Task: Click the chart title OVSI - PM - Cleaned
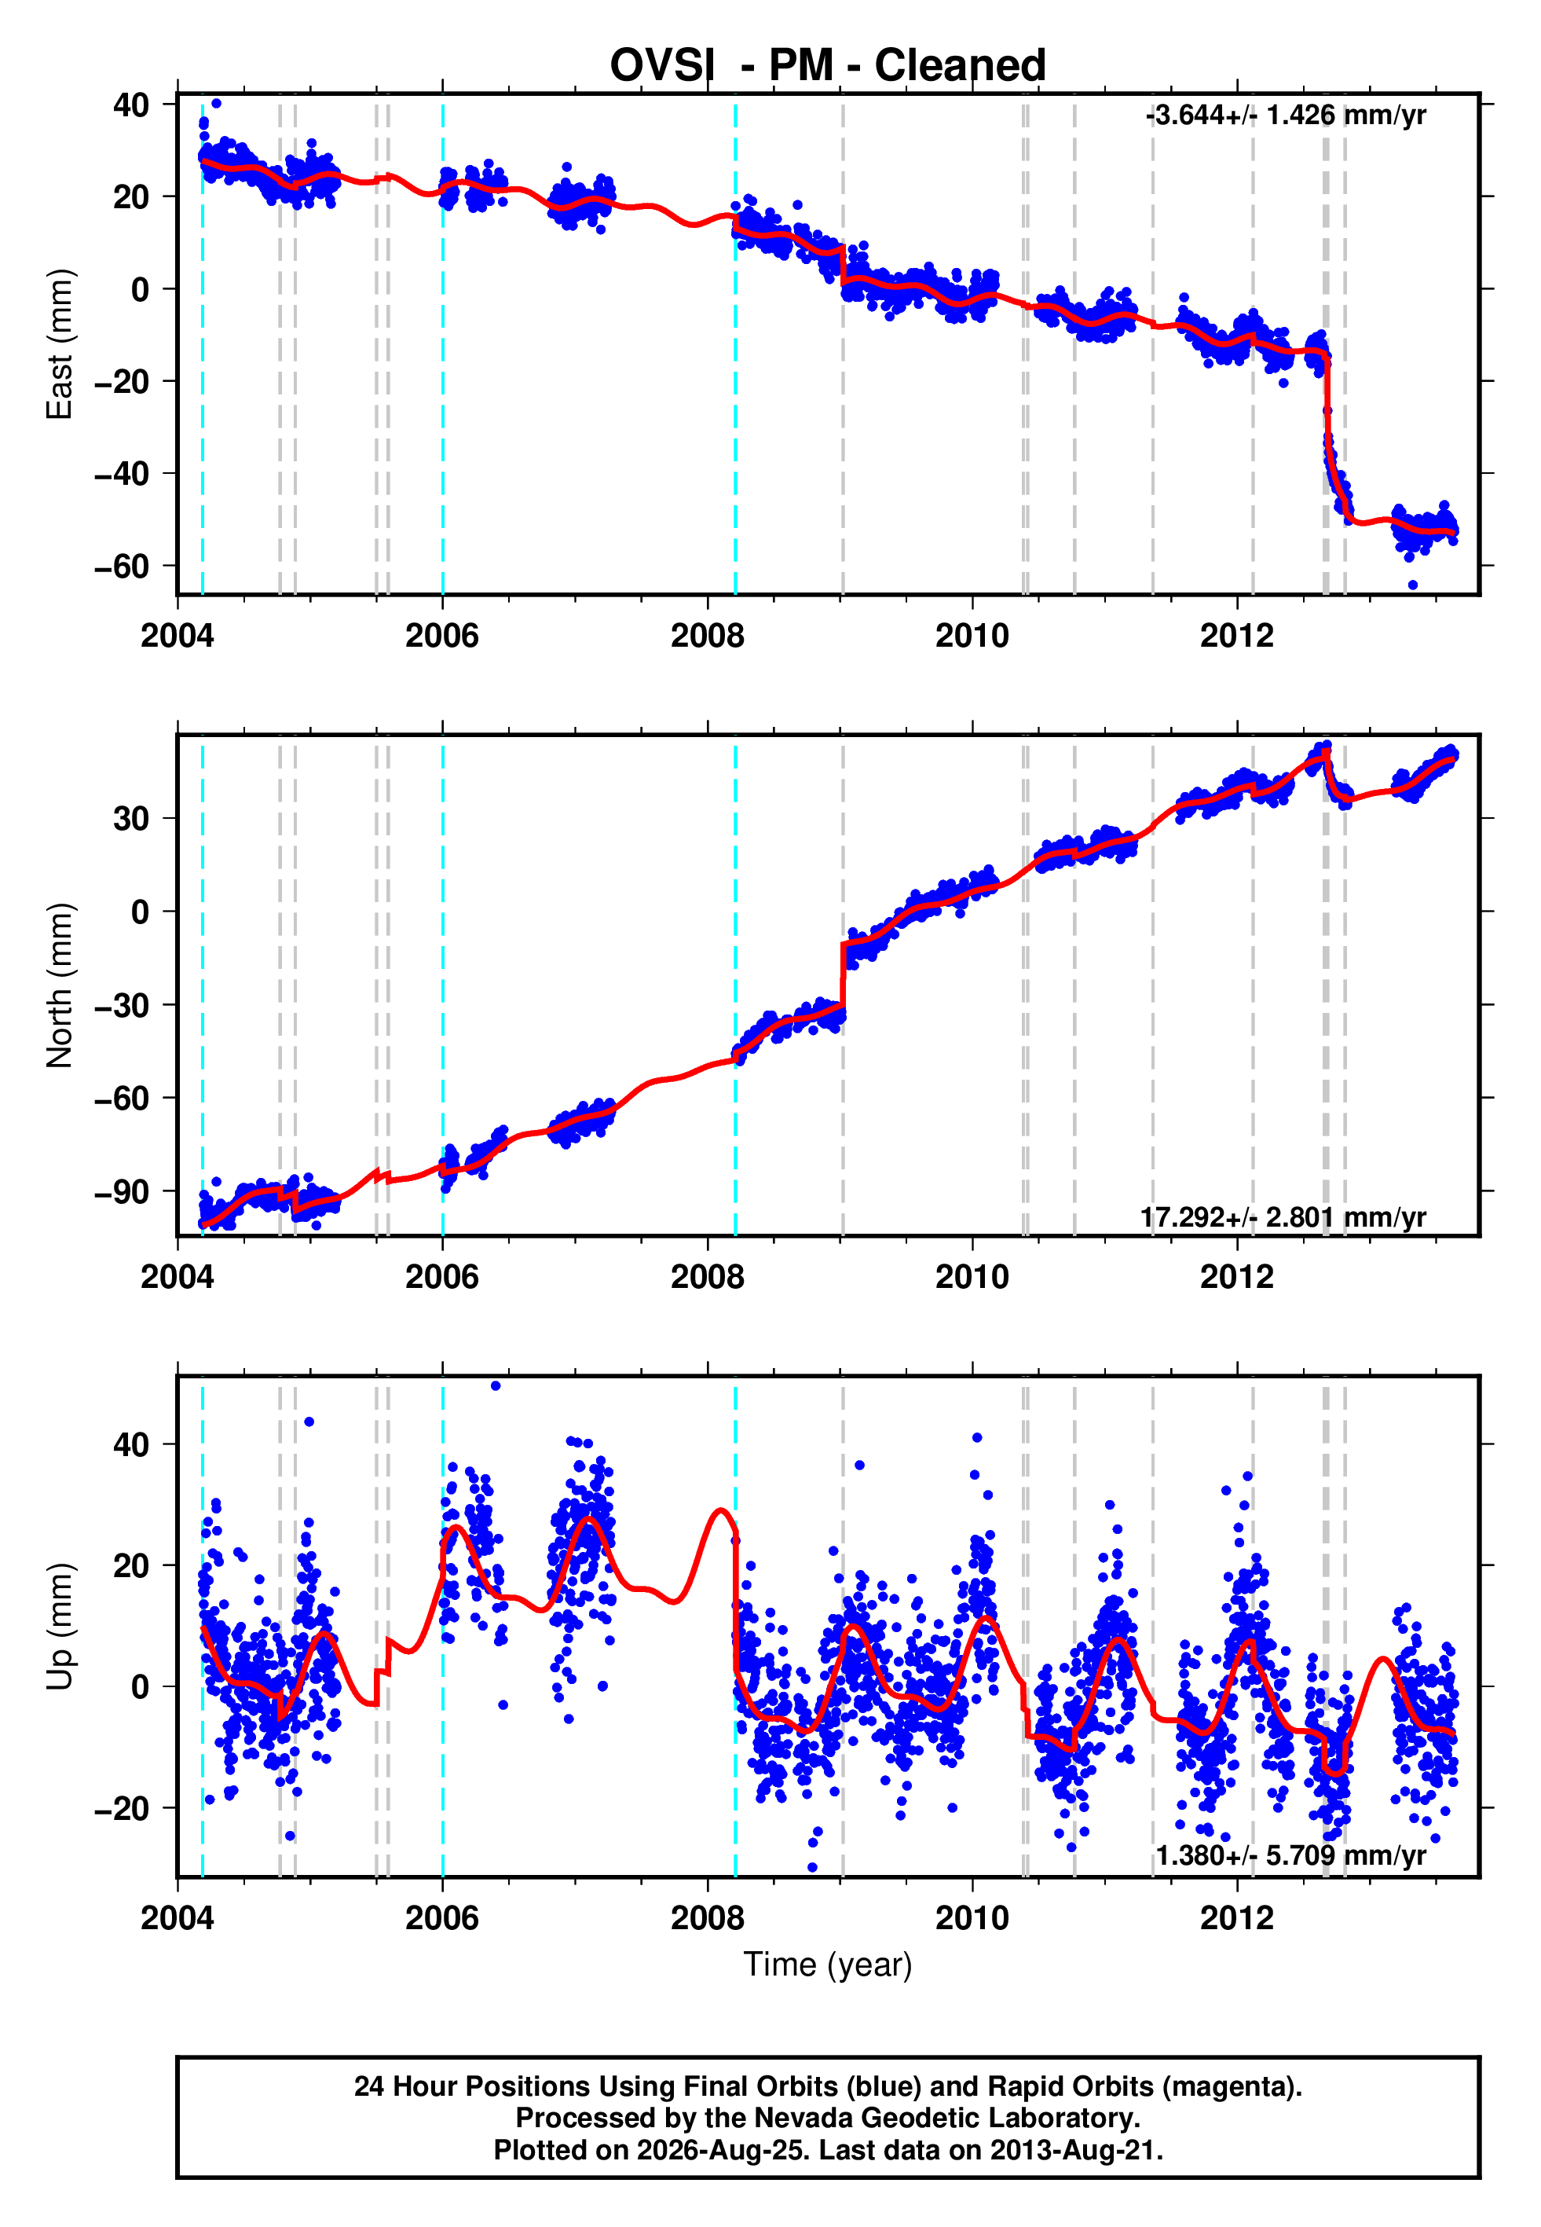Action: tap(828, 66)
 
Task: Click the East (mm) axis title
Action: tap(60, 344)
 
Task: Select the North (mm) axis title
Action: tap(60, 985)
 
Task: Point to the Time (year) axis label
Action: tap(828, 1965)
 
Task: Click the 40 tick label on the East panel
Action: tap(131, 105)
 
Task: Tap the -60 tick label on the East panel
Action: tap(122, 566)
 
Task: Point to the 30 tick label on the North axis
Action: tap(131, 819)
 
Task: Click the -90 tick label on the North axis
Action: tap(122, 1192)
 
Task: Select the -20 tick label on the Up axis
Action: tap(122, 1808)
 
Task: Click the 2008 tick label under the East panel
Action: tap(708, 636)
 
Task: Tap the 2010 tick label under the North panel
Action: tap(972, 1277)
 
